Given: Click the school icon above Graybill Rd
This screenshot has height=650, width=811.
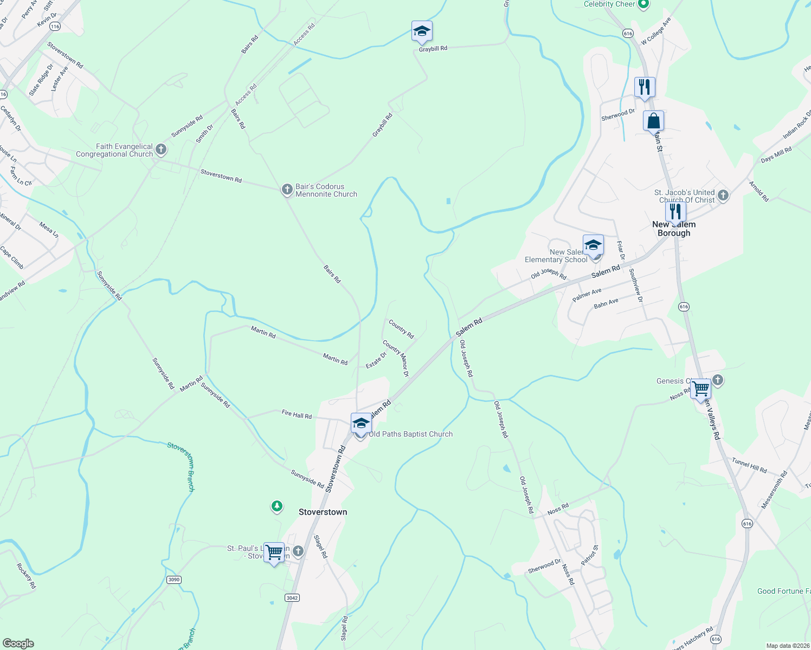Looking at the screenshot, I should [421, 31].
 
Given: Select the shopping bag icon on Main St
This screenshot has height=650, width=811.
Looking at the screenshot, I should [653, 121].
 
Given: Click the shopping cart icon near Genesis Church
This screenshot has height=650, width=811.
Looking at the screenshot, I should [700, 389].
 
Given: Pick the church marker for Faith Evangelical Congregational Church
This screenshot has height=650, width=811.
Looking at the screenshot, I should [160, 149].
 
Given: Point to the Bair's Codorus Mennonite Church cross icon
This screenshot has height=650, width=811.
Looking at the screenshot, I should [287, 190].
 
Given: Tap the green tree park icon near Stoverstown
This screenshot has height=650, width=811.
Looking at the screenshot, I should [277, 506].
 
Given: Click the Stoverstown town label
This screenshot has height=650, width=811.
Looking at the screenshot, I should [323, 512].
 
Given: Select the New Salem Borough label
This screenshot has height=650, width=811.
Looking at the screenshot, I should [674, 229].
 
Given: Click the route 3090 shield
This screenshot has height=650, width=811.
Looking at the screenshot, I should [173, 580].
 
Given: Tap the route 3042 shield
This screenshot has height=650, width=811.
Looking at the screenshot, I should [292, 597].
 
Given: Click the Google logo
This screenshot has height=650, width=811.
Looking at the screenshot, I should [18, 643].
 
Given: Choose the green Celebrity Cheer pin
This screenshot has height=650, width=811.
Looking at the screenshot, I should [643, 5].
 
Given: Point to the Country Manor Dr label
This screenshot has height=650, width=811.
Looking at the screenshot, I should [395, 358].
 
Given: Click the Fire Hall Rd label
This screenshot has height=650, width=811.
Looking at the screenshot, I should [297, 415].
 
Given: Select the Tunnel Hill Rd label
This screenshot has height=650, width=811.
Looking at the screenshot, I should [749, 465].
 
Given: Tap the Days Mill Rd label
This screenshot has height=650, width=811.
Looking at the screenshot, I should [776, 154].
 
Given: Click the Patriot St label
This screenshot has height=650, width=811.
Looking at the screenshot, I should [589, 556].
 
